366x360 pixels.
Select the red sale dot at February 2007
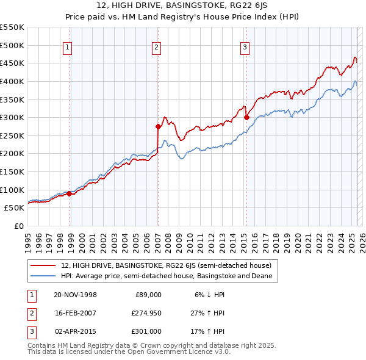point(158,127)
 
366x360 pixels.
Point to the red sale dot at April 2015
point(246,117)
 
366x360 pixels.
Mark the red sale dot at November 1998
point(69,193)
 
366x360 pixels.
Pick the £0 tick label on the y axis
point(18,226)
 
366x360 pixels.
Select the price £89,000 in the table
point(147,295)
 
